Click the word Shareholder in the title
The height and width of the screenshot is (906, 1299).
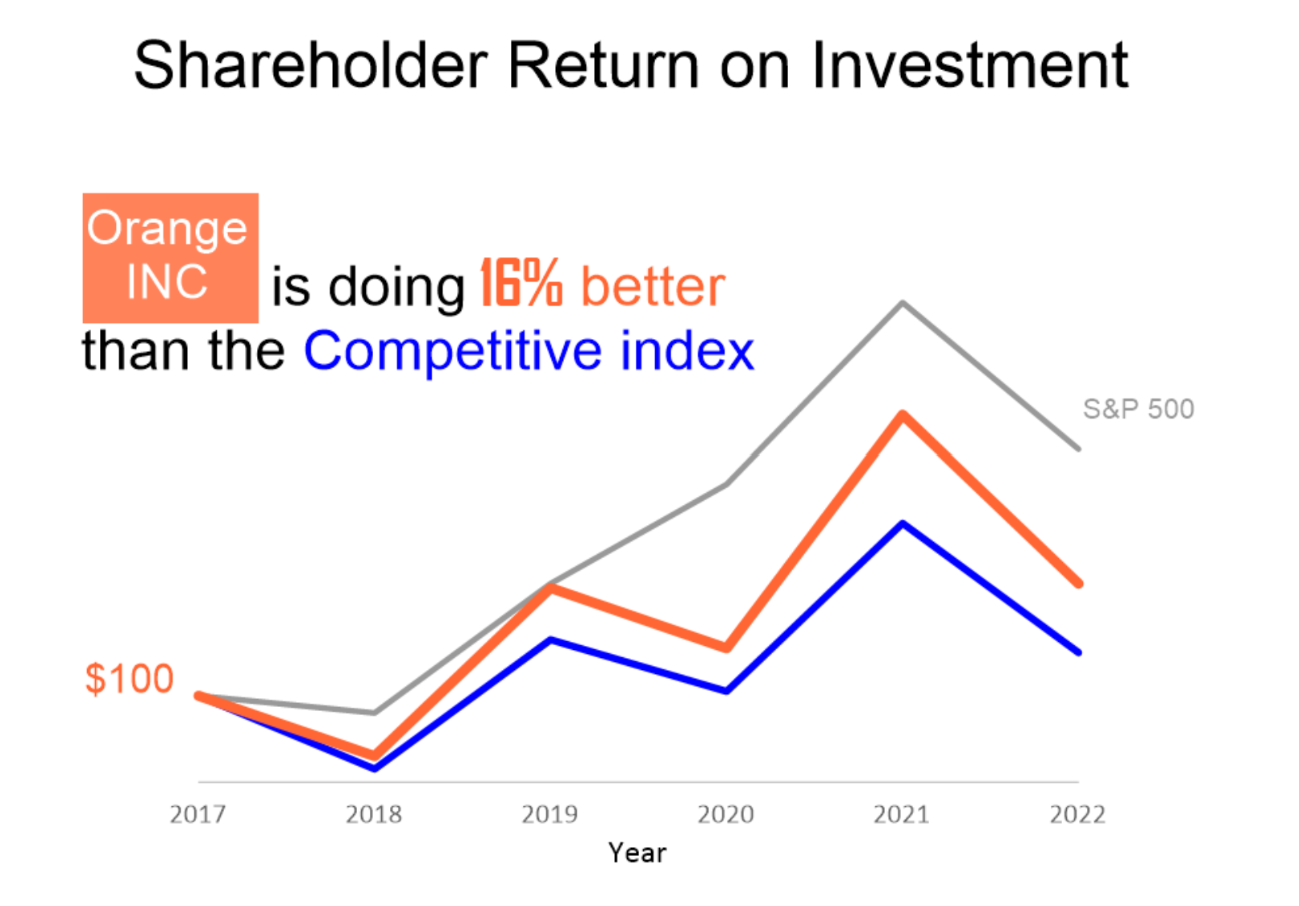pyautogui.click(x=311, y=65)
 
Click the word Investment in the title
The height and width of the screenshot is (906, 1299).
pyautogui.click(x=970, y=65)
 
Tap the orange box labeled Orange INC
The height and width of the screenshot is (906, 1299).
pyautogui.click(x=171, y=258)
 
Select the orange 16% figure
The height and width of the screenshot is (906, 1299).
pyautogui.click(x=521, y=283)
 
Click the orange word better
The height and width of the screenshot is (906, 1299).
pyautogui.click(x=654, y=287)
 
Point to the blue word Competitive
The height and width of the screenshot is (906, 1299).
pyautogui.click(x=453, y=350)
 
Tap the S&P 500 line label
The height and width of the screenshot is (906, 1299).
pyautogui.click(x=1139, y=408)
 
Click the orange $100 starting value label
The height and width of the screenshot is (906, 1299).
pyautogui.click(x=129, y=678)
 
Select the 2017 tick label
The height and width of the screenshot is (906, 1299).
pyautogui.click(x=197, y=814)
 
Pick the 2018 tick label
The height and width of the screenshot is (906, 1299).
pyautogui.click(x=374, y=814)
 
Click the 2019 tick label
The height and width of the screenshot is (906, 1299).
pyautogui.click(x=550, y=814)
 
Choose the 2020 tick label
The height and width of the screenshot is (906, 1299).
pyautogui.click(x=726, y=814)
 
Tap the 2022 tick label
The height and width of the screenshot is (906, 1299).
pyautogui.click(x=1078, y=814)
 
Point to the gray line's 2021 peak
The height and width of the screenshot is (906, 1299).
pyautogui.click(x=903, y=303)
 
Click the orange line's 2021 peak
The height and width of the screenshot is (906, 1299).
pyautogui.click(x=903, y=415)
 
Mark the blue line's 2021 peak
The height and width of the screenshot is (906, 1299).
pyautogui.click(x=903, y=524)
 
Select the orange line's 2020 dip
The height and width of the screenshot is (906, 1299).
pyautogui.click(x=726, y=647)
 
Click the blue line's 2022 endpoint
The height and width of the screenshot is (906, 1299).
pyautogui.click(x=1078, y=652)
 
